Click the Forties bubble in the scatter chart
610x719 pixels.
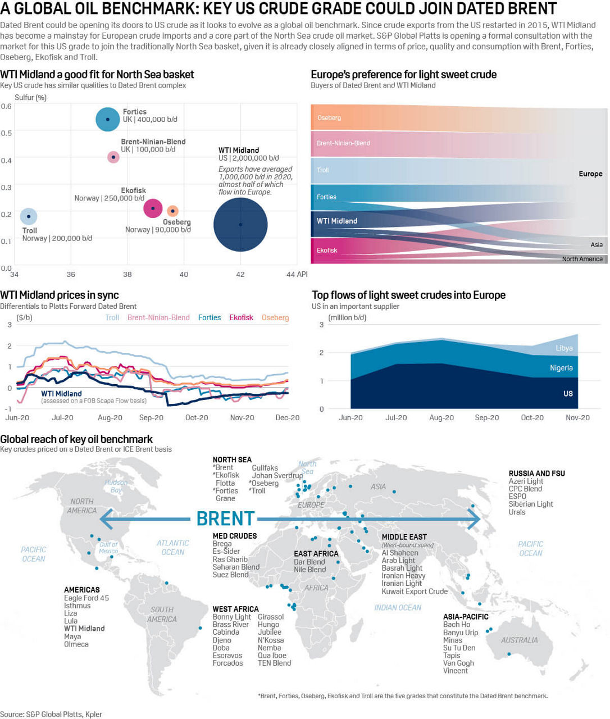coord(107,119)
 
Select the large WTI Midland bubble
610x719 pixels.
coord(240,224)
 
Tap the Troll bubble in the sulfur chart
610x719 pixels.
coord(29,216)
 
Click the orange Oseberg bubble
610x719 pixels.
coord(173,211)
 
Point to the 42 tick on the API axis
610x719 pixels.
coord(240,275)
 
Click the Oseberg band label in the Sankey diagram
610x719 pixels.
coord(329,118)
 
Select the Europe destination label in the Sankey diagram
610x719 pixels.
coord(590,174)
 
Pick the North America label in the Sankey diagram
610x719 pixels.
coord(582,259)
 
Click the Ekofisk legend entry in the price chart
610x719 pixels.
coord(241,317)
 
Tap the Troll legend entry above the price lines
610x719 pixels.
coord(112,317)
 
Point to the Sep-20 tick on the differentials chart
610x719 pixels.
coord(151,418)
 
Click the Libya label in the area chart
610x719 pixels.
coord(564,348)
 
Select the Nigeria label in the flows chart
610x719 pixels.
coord(561,368)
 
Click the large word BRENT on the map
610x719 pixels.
coord(225,518)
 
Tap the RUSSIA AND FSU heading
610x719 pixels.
coord(536,474)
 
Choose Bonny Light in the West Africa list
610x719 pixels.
coord(231,617)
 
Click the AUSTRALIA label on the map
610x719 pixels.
coord(519,640)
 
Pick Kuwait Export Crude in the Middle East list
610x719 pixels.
coord(415,591)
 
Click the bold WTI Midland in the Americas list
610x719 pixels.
coord(84,629)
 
